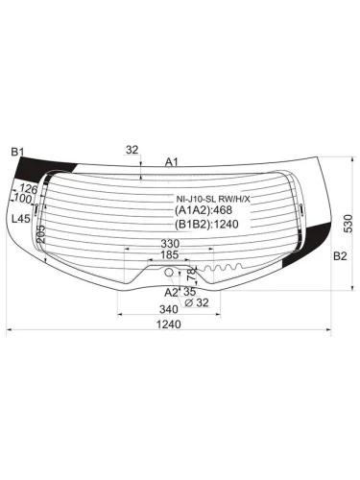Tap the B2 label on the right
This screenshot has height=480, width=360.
pyautogui.click(x=339, y=256)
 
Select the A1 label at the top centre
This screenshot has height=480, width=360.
pyautogui.click(x=172, y=161)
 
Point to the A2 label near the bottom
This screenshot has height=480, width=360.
pyautogui.click(x=170, y=291)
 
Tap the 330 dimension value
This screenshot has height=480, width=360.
pyautogui.click(x=170, y=244)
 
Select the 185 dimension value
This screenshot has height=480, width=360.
pyautogui.click(x=170, y=255)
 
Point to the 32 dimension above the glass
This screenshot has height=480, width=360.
pyautogui.click(x=132, y=150)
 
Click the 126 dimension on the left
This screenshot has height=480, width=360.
pyautogui.click(x=29, y=190)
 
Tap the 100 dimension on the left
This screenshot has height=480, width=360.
pyautogui.click(x=21, y=200)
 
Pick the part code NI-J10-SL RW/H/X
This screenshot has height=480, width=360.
pyautogui.click(x=210, y=200)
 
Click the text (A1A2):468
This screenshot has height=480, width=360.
pyautogui.click(x=205, y=211)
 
